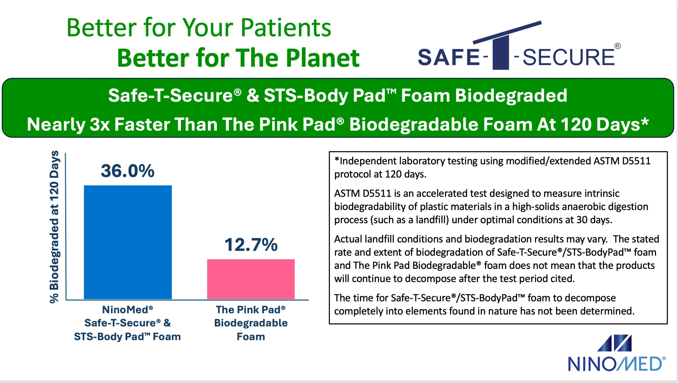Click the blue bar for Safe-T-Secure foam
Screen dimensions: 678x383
point(128,242)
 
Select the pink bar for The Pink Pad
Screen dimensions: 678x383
point(251,279)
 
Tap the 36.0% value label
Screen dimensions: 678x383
point(128,171)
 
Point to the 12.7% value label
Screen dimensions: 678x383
point(251,244)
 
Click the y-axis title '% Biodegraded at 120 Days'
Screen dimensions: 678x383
point(54,227)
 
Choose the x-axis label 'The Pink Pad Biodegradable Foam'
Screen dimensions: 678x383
point(251,323)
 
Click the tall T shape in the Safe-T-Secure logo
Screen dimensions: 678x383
point(501,52)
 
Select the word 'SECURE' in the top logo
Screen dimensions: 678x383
point(568,57)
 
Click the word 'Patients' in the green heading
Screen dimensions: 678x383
point(286,28)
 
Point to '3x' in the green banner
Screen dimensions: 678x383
point(100,124)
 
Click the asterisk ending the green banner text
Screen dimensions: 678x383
point(645,122)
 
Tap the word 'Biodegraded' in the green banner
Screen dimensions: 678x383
point(511,96)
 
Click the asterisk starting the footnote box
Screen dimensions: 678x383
point(337,159)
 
